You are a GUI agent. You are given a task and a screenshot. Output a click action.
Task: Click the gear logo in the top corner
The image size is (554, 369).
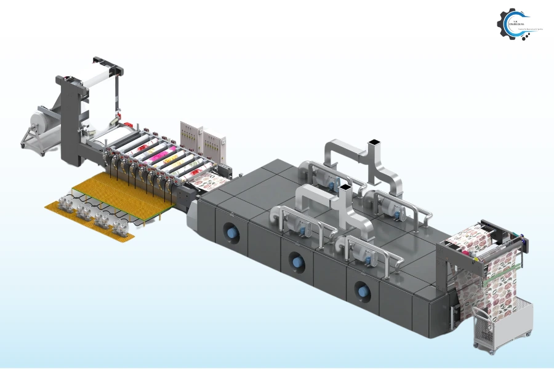pyautogui.click(x=512, y=23)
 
